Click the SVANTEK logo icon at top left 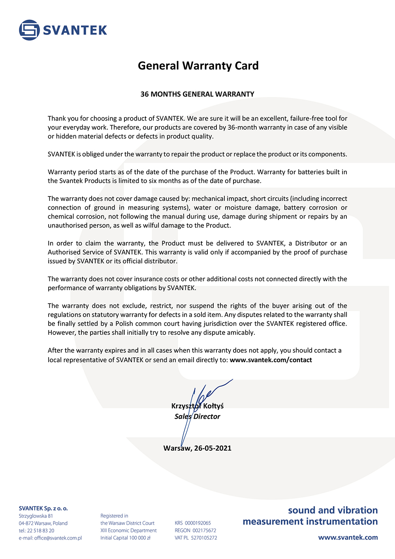tap(29, 30)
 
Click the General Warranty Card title tap(198, 66)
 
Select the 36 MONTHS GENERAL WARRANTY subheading tap(197, 94)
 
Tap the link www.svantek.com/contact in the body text tap(271, 360)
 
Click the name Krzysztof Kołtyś tap(197, 406)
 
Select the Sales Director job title tap(197, 416)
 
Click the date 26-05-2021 tap(213, 448)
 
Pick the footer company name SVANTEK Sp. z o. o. tap(43, 508)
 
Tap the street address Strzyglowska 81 tap(36, 516)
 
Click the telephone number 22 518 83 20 tap(41, 531)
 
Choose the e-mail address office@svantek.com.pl tap(58, 538)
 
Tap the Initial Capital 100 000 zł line tap(125, 538)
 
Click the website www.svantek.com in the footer tap(348, 537)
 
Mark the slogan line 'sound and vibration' tap(333, 510)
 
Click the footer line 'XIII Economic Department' tap(128, 531)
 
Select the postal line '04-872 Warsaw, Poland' tap(43, 523)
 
